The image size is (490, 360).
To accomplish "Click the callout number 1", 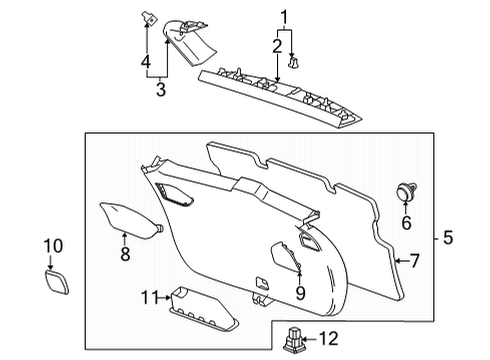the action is tap(284, 18).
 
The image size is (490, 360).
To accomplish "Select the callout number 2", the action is tap(277, 46).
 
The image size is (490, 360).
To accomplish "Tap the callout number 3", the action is tap(161, 89).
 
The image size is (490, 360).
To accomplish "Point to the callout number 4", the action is tap(146, 62).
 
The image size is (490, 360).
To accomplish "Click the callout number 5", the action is tap(448, 238).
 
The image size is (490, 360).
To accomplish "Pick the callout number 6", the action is tap(406, 223).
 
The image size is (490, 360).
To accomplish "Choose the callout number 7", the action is tap(414, 261).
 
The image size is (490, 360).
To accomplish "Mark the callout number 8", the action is tap(125, 254).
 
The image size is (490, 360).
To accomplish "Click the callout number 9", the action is tap(300, 293).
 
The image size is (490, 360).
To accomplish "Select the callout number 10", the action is tap(53, 246).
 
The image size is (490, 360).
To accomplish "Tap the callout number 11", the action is tap(149, 297).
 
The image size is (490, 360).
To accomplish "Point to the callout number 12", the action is tap(329, 339).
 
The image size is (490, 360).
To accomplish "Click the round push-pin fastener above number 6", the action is tap(406, 192).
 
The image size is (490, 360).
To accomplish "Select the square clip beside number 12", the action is tap(293, 340).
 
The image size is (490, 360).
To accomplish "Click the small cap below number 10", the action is tap(57, 282).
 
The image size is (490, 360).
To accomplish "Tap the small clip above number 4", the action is tap(149, 18).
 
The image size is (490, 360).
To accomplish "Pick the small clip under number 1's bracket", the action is tap(293, 63).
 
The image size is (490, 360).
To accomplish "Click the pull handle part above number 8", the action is tap(131, 220).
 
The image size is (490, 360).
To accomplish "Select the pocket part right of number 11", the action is tap(204, 309).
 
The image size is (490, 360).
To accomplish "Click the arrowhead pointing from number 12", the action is tap(306, 340).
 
